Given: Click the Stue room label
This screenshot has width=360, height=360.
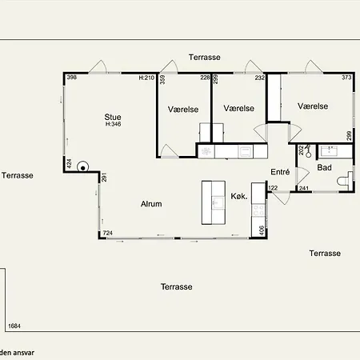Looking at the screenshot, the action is coord(113,117).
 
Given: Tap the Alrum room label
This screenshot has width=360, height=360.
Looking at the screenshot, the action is coord(151,204).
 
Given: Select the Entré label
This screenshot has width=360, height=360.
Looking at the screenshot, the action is coord(280,172).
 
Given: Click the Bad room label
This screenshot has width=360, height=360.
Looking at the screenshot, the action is coord(324,167).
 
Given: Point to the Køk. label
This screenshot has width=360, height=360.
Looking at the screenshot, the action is coord(239,196).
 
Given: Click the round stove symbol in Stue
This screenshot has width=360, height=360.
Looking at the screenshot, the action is coord(83,167).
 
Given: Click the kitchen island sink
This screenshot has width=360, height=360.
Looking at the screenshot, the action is coord(218,202).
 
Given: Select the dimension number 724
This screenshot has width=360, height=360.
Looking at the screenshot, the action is coord(108,233).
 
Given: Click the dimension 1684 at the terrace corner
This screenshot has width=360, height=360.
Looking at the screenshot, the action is coord(14,326).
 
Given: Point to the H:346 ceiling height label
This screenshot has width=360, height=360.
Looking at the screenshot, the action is coord(113,124).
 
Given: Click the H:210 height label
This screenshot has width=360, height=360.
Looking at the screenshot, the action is coord(146,78).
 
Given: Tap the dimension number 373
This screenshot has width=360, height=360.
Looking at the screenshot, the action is coord(346,78).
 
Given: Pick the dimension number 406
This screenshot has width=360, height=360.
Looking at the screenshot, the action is coord(262,230).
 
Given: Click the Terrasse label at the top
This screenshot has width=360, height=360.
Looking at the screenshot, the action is coord(205,57).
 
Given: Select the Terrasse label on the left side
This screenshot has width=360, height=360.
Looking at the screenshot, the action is coord(18,175).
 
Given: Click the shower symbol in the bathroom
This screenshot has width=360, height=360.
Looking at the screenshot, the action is coord(308,151).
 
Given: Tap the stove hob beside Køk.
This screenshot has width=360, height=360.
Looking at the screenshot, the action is coord(258,210).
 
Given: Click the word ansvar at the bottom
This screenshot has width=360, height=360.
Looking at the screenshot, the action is coord(24,353).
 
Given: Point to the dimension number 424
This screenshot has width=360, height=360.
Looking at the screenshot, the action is coord(69,163).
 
